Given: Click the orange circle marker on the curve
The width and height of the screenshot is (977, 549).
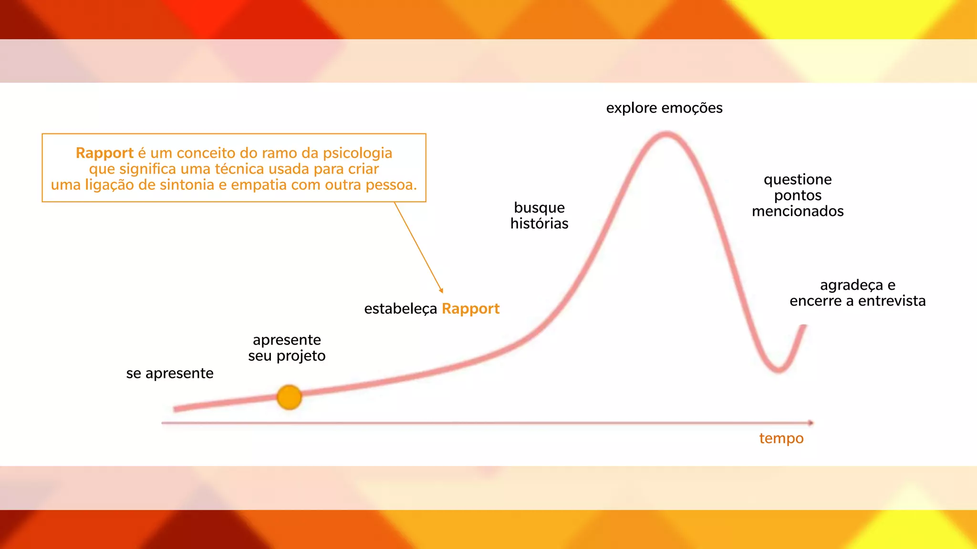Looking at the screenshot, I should click(x=289, y=397).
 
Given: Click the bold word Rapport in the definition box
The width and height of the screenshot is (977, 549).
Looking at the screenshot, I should click(x=104, y=153).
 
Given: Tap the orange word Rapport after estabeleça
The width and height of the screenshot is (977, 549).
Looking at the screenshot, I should click(x=470, y=309).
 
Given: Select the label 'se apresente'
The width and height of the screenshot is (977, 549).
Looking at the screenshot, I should click(x=169, y=373).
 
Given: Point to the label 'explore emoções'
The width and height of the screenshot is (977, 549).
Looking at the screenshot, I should click(x=664, y=108).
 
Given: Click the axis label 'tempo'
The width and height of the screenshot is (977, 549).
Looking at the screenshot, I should click(x=781, y=438).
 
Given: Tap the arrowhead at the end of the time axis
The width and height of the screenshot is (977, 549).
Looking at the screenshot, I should click(x=811, y=423).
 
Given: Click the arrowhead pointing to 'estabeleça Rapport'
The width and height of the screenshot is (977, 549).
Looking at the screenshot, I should click(x=441, y=290).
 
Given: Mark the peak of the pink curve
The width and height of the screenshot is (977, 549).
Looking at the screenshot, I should click(x=666, y=135).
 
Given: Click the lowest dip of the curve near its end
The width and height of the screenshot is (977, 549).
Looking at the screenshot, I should click(x=778, y=369).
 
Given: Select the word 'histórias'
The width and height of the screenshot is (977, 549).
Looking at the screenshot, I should click(x=539, y=224).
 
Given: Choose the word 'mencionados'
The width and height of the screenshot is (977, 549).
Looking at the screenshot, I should click(x=798, y=211).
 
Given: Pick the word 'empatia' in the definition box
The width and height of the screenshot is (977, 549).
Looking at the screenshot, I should click(x=259, y=185).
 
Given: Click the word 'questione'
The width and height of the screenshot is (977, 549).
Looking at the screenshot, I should click(x=798, y=180).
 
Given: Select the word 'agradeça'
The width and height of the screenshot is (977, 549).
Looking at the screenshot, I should click(x=851, y=285).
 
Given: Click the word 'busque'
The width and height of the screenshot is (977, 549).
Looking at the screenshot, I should click(x=539, y=208).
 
